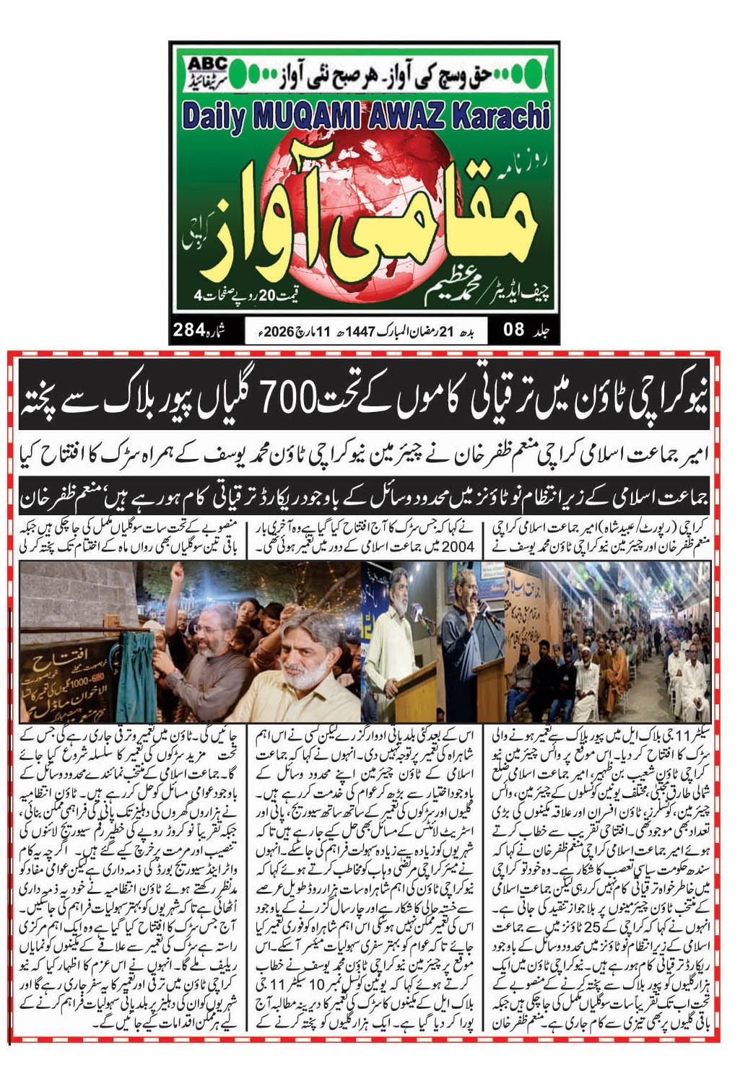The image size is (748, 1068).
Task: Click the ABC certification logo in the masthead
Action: [206, 70]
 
